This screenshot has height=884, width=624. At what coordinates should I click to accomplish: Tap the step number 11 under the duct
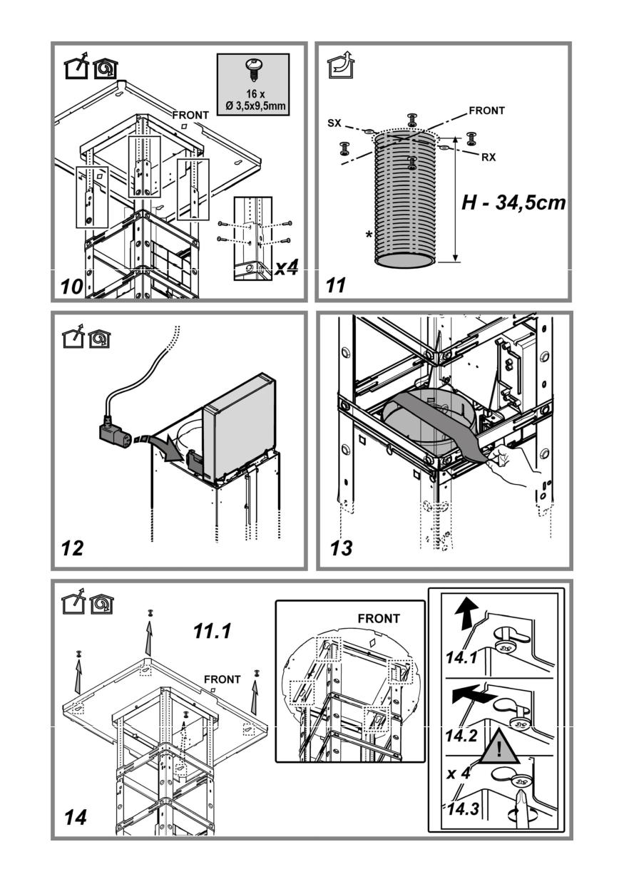pyautogui.click(x=335, y=287)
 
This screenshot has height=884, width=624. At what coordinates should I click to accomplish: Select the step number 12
pyautogui.click(x=73, y=548)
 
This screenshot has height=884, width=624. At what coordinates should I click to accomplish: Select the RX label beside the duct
pyautogui.click(x=488, y=158)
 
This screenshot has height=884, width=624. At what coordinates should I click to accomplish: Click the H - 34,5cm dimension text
pyautogui.click(x=513, y=202)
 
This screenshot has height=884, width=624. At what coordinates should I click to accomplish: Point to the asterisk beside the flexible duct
pyautogui.click(x=368, y=235)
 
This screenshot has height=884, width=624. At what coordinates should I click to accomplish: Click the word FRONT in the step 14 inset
pyautogui.click(x=379, y=618)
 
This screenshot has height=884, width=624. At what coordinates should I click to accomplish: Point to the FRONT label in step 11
pyautogui.click(x=487, y=110)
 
